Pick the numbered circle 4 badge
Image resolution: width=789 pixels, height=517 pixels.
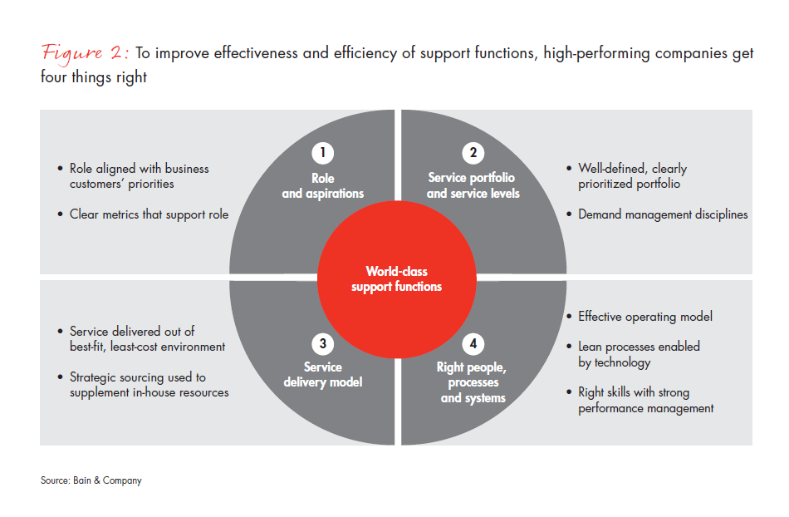coord(472,342)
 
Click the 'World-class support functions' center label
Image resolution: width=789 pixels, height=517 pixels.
coord(396,278)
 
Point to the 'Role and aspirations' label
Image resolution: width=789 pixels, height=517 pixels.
coord(323,185)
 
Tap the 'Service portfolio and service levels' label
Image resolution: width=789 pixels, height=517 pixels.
coord(472,185)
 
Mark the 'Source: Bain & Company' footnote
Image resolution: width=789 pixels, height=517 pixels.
coord(91,480)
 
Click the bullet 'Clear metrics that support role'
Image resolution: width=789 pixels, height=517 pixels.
coord(149,214)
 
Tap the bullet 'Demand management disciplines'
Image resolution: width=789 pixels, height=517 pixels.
coord(663,214)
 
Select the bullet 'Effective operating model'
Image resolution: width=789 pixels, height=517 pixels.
coord(644,317)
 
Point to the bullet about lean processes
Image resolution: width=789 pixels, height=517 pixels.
coord(638,354)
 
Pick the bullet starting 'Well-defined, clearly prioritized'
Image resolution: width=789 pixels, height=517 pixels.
coord(632,175)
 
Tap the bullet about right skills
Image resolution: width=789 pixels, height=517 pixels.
coord(645,400)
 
